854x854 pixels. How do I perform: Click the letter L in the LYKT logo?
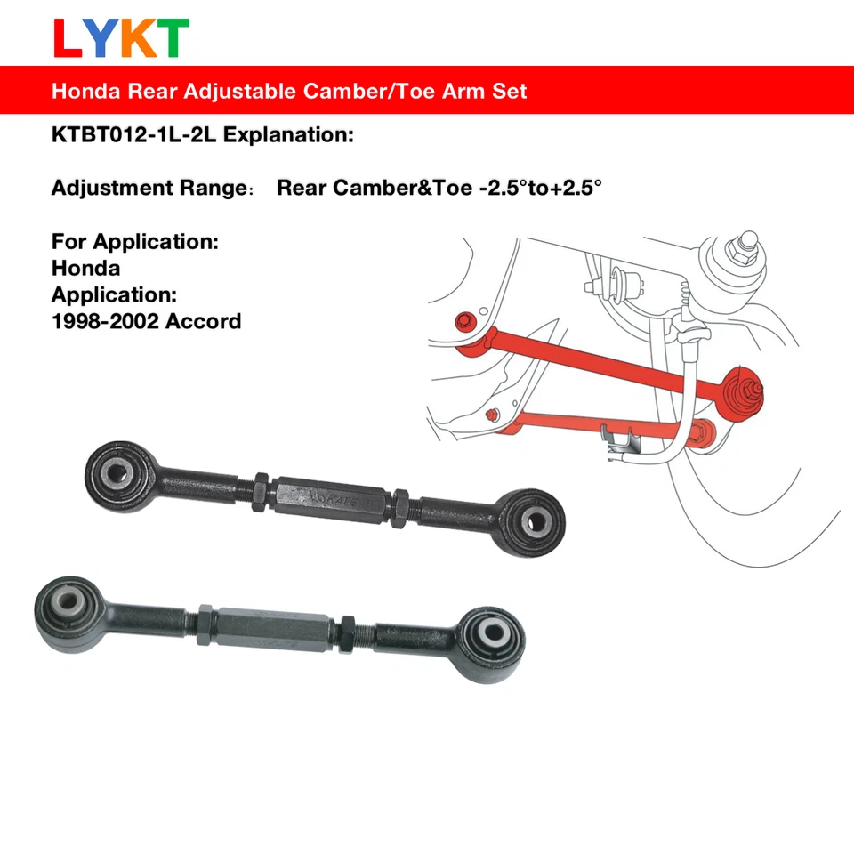tap(68, 38)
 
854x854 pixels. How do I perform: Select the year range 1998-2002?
tap(108, 320)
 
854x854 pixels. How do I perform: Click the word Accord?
tap(205, 320)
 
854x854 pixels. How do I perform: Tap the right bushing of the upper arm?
tap(536, 520)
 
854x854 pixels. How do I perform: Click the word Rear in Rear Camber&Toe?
tap(302, 189)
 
